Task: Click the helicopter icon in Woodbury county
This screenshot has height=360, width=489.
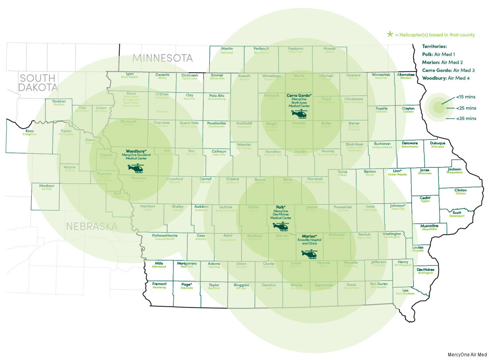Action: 136,168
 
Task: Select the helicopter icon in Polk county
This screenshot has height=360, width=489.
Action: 280,226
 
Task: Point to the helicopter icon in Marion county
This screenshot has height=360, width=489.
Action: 308,254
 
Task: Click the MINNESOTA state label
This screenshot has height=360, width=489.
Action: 162,57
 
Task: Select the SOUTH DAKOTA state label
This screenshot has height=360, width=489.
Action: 37,82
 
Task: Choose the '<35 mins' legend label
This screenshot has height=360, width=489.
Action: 466,119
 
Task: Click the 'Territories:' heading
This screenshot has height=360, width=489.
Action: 434,47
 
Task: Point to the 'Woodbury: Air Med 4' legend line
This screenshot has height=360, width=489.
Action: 446,77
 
